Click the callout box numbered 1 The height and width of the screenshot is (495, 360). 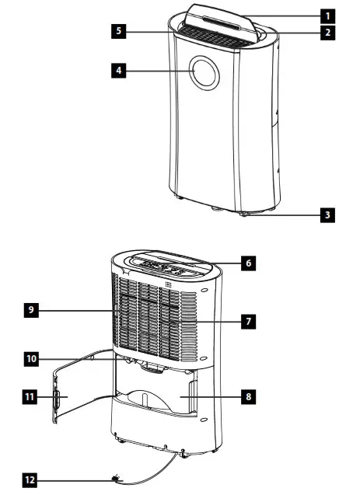coord(329,15)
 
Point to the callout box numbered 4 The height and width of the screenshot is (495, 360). coord(117,71)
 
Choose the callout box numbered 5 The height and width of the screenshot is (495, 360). coord(117,32)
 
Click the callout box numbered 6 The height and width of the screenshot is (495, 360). coord(247,263)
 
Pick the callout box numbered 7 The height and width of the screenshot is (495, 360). coord(247,319)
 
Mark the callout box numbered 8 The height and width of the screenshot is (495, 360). coord(247,396)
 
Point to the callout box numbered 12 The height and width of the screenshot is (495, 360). coord(29,480)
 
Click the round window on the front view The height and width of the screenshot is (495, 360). coord(206,74)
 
